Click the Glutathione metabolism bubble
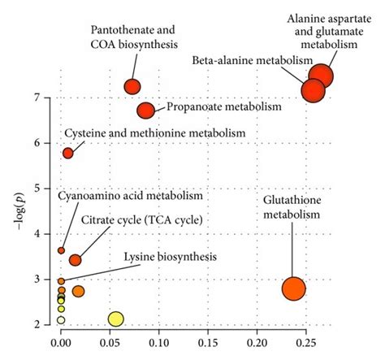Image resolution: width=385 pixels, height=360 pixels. tap(293, 288)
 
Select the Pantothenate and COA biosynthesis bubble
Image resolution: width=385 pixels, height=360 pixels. tap(132, 86)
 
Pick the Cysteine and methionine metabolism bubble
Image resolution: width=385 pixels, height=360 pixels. tap(68, 153)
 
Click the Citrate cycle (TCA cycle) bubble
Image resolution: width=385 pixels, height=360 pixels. tap(76, 260)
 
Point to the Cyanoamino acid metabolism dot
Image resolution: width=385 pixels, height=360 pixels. tap(61, 250)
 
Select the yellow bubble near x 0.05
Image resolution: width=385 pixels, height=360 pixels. tap(116, 319)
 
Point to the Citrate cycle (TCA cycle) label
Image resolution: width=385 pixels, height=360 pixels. tap(141, 220)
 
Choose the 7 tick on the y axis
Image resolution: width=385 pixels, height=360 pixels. tap(46, 98)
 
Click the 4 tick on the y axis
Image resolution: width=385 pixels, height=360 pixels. tap(46, 234)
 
